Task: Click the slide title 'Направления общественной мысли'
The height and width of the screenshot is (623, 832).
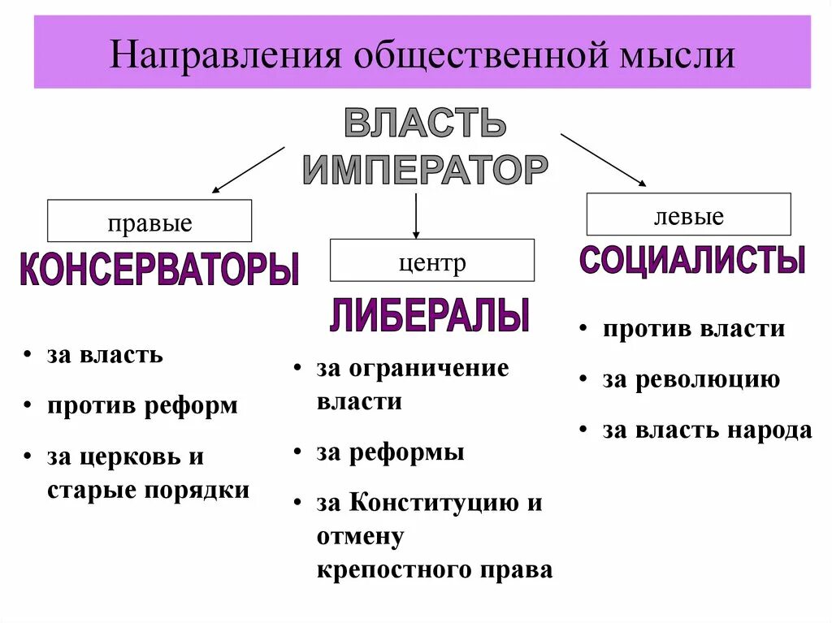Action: point(422,56)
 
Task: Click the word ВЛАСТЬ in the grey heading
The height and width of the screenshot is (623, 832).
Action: point(425,123)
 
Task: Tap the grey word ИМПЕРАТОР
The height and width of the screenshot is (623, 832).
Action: point(425,169)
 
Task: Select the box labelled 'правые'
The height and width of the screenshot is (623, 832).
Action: point(149,221)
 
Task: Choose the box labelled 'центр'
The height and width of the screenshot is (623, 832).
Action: point(431,261)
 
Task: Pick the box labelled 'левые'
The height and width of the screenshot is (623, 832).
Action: point(688,215)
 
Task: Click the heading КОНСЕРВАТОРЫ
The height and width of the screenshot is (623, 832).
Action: point(159,270)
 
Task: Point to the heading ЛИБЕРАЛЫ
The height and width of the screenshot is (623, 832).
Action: point(430,315)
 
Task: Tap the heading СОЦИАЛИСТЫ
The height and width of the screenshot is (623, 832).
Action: point(692,260)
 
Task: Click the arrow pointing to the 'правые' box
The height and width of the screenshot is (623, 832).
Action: point(248,170)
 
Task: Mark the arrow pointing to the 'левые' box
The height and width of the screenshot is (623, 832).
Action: point(603,160)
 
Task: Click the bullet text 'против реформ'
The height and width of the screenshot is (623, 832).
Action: point(142,405)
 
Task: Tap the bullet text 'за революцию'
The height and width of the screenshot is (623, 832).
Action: point(691,379)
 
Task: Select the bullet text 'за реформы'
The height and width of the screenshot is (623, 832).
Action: point(390,452)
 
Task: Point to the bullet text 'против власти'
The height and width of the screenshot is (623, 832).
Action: point(693,329)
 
